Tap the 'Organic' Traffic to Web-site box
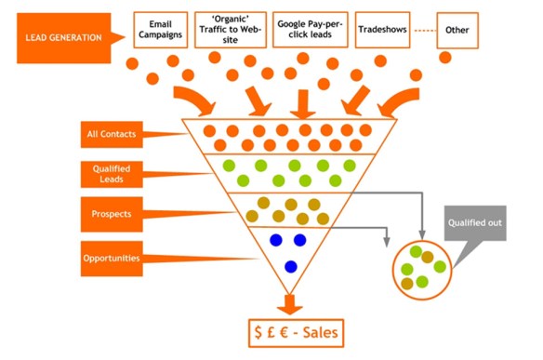tap(231, 30)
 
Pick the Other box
tap(457, 30)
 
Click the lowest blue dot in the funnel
tap(290, 267)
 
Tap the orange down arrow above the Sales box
tap(290, 302)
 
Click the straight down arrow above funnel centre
tap(298, 97)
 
